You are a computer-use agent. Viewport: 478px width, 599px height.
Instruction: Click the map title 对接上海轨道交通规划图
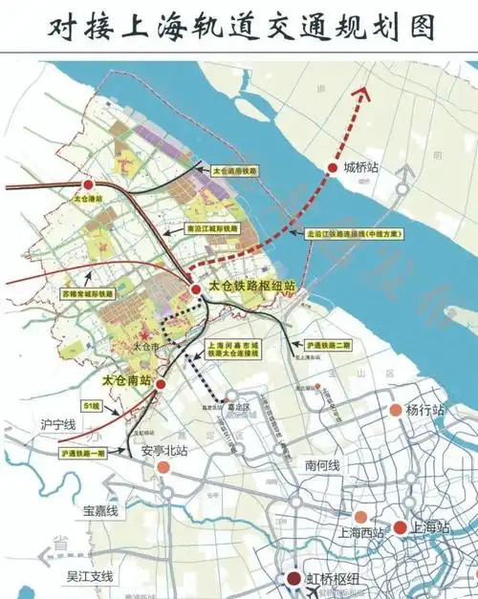coord(239,27)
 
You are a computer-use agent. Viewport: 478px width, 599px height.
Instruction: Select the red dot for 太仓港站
coord(88,184)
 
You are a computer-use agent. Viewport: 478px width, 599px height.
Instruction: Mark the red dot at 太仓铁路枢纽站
coord(195,288)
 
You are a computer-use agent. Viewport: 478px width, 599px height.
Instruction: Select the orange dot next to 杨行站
coord(394,410)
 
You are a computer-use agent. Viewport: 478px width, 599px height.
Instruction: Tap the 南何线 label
coord(323,464)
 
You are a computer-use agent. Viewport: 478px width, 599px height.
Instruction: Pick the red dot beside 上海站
coord(401,526)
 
